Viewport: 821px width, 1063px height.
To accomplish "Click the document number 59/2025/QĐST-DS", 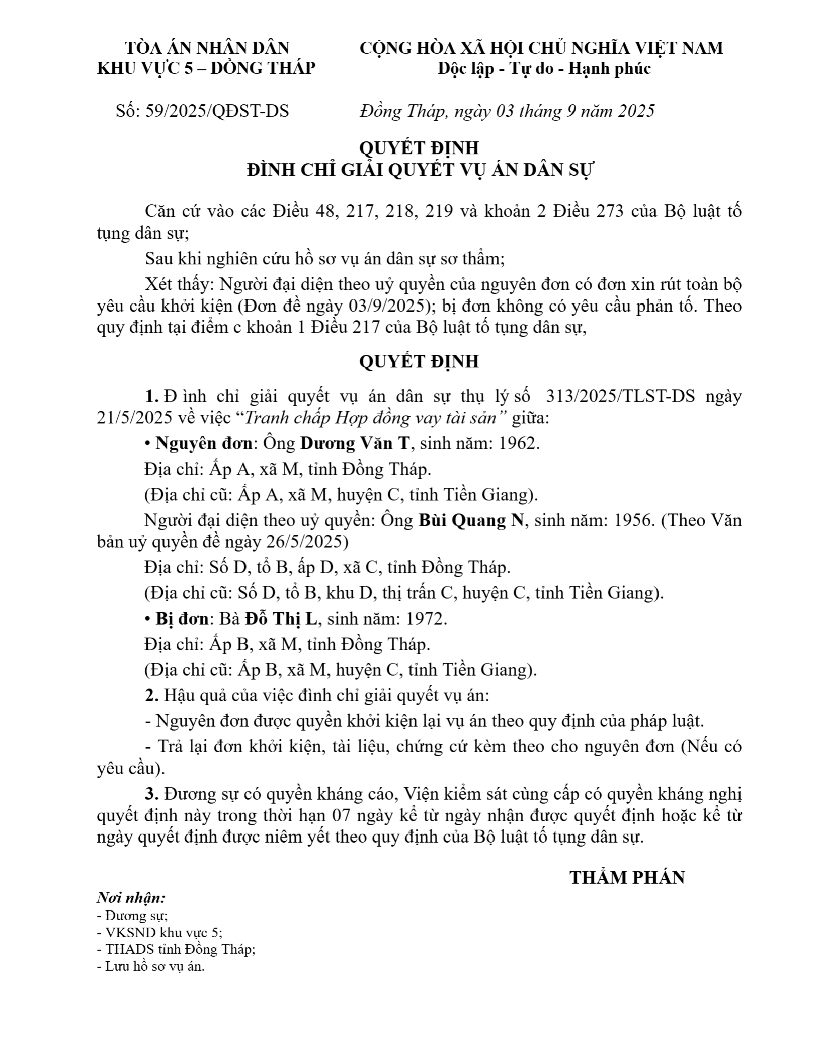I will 217,111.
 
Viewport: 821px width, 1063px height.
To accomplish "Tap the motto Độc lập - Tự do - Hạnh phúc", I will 544,68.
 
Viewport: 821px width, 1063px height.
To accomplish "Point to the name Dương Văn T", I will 355,443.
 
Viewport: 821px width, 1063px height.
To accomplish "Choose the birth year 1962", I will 519,443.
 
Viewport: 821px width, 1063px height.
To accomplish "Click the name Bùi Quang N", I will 471,521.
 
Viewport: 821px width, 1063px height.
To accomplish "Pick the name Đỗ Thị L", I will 281,619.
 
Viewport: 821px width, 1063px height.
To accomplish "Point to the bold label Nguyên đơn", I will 204,443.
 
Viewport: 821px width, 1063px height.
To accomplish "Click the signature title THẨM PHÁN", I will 627,878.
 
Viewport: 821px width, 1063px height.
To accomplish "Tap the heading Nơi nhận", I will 131,898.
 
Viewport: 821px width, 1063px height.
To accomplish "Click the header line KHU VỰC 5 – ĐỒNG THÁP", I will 206,68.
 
